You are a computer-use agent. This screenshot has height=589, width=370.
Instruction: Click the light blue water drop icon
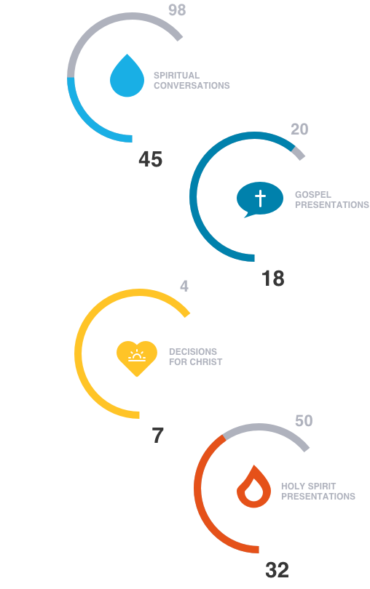(127, 76)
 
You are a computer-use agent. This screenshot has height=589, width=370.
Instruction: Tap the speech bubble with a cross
(260, 199)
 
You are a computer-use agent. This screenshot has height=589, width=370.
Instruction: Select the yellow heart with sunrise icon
(137, 358)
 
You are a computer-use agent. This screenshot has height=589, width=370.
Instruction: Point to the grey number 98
(177, 9)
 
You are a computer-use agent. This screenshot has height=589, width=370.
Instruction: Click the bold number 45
(151, 159)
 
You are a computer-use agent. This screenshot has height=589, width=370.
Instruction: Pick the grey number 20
(299, 129)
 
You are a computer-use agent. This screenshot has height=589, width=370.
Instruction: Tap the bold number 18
(273, 279)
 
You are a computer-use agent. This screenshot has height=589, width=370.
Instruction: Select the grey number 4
(184, 287)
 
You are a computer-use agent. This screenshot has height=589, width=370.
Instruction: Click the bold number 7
(158, 436)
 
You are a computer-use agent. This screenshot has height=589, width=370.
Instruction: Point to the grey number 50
(304, 421)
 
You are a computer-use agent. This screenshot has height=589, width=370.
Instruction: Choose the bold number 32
(277, 570)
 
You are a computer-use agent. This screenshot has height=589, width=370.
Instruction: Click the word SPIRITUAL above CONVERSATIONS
(176, 75)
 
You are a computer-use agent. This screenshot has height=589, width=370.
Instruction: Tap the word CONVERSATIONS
(192, 86)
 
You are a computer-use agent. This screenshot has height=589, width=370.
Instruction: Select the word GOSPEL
(313, 195)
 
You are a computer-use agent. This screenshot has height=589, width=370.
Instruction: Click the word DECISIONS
(193, 352)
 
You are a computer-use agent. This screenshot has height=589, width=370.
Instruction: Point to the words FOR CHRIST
(196, 361)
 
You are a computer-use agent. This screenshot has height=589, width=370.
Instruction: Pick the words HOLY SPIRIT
(308, 486)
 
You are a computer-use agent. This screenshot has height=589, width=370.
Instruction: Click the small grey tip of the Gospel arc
(299, 153)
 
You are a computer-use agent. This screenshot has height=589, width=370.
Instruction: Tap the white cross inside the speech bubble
(260, 199)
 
